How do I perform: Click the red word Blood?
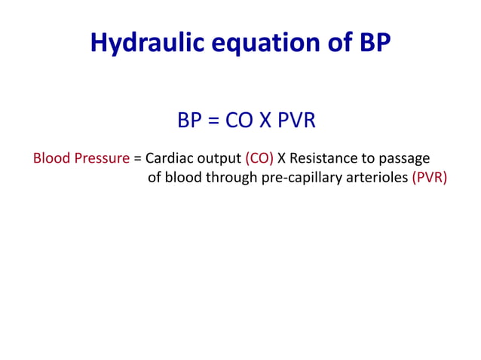point(50,159)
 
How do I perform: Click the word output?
point(219,159)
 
